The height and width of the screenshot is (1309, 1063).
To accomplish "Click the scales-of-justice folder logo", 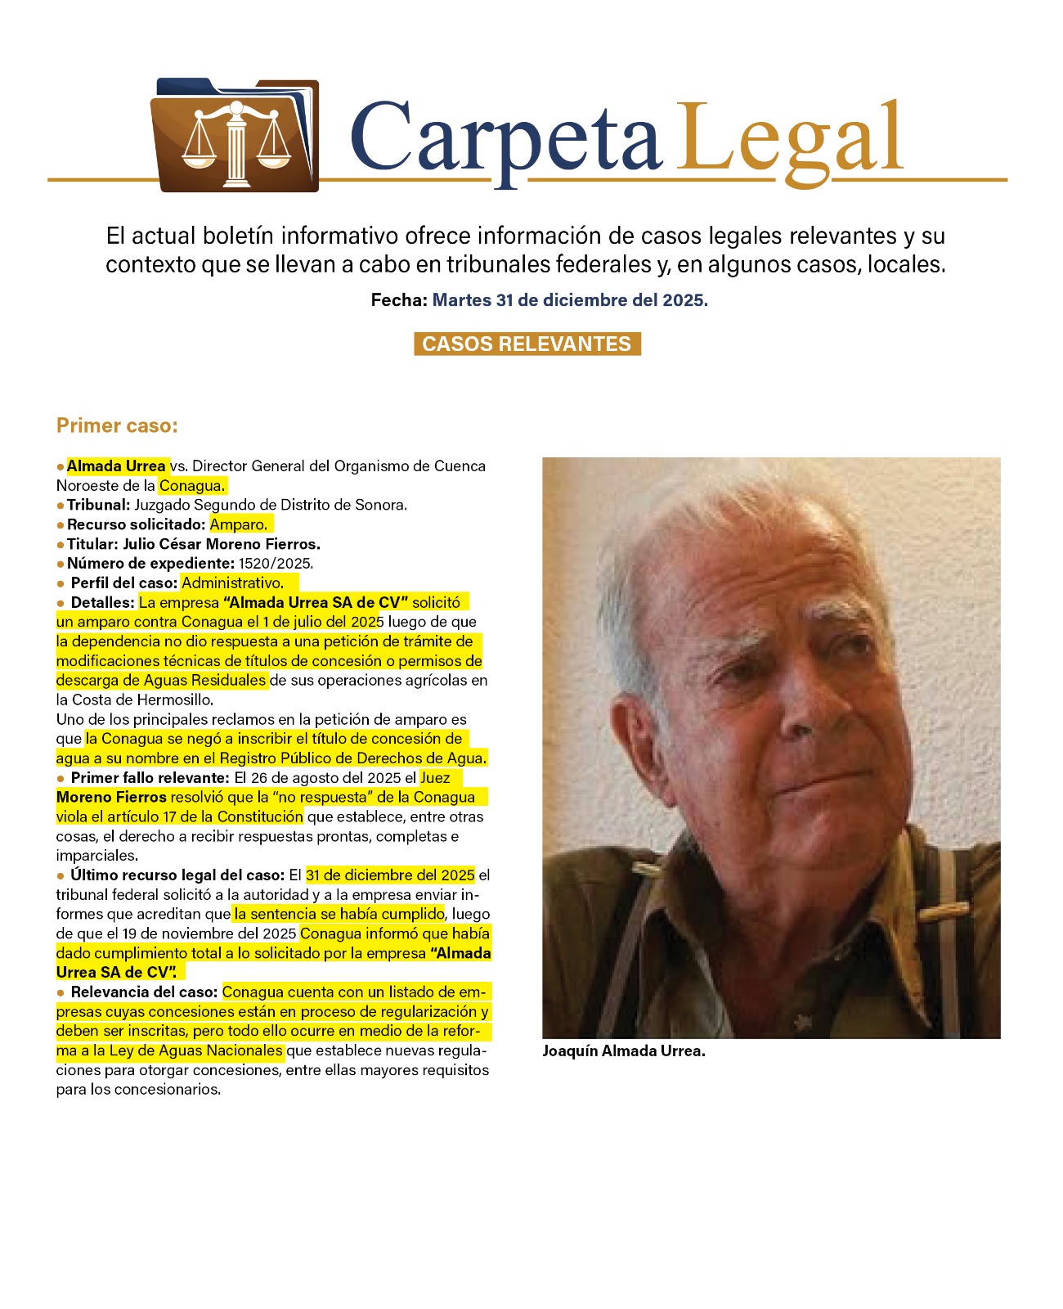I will click(x=235, y=136).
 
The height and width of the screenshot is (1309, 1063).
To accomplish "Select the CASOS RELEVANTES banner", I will click(x=527, y=344).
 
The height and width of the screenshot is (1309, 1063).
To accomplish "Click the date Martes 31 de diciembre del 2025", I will click(x=570, y=300).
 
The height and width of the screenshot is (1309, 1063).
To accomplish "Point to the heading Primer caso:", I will click(x=117, y=425).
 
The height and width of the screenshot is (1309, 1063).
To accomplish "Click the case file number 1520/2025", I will click(x=276, y=564).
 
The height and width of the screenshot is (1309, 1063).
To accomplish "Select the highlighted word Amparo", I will click(x=239, y=524).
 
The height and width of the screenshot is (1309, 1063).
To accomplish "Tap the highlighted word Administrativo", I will click(x=233, y=583).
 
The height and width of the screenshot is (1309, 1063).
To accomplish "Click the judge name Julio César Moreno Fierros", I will click(x=221, y=544).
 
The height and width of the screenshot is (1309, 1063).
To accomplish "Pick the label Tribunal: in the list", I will click(x=98, y=505).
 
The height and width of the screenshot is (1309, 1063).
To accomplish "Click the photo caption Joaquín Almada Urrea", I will click(x=623, y=1051).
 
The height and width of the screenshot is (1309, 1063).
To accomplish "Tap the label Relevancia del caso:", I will click(x=144, y=992).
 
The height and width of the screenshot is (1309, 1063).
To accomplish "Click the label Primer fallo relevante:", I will click(x=150, y=778).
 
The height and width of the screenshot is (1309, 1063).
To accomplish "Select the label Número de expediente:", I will click(x=150, y=564).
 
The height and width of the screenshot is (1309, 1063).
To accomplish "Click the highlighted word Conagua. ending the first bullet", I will click(x=192, y=486).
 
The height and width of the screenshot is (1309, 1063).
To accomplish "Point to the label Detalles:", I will click(x=102, y=603).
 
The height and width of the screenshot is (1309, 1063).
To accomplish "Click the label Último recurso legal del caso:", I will click(x=177, y=875).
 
